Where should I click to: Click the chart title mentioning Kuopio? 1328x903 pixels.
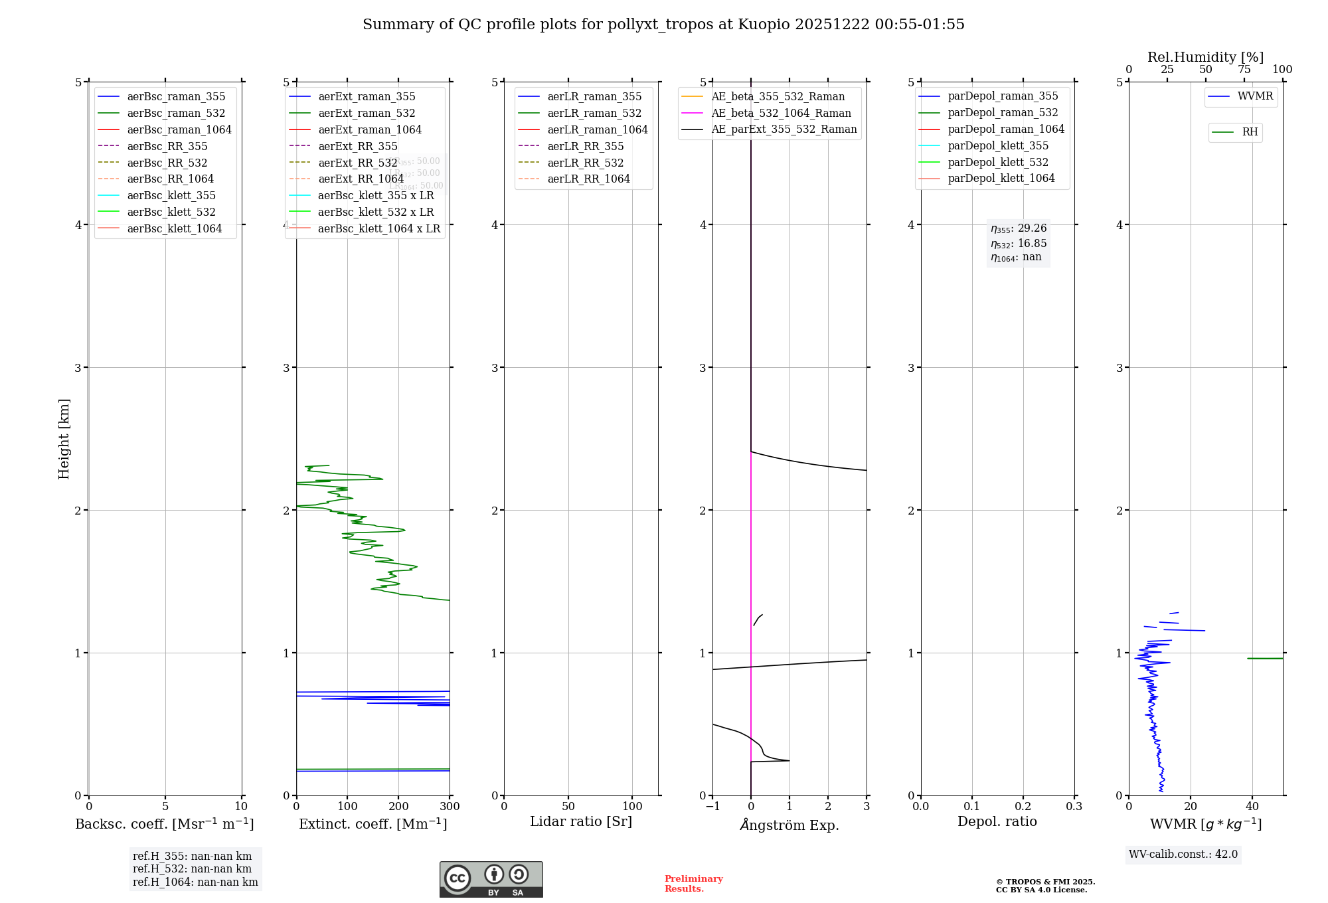[663, 25]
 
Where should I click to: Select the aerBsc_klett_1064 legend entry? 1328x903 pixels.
[174, 228]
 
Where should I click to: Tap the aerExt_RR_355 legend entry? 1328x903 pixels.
[357, 146]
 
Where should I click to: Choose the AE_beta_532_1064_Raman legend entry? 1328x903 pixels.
[781, 113]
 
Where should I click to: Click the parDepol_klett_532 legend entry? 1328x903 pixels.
[997, 162]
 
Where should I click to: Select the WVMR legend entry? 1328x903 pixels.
[1254, 96]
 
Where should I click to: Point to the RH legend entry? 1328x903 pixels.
[1249, 132]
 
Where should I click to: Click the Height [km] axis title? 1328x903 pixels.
[64, 439]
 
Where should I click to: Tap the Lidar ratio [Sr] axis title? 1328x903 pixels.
[581, 821]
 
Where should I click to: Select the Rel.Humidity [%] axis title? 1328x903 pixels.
[1205, 57]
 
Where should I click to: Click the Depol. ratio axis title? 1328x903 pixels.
[997, 821]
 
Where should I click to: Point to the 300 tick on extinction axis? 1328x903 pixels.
[450, 807]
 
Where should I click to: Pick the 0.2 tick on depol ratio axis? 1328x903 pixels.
[1023, 807]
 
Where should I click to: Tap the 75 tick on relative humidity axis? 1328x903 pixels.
[1244, 70]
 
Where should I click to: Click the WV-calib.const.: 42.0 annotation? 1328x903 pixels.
[1183, 854]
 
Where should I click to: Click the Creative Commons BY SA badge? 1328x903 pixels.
[491, 880]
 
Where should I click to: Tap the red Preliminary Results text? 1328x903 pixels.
[693, 884]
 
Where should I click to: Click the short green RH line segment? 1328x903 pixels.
[1265, 658]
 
